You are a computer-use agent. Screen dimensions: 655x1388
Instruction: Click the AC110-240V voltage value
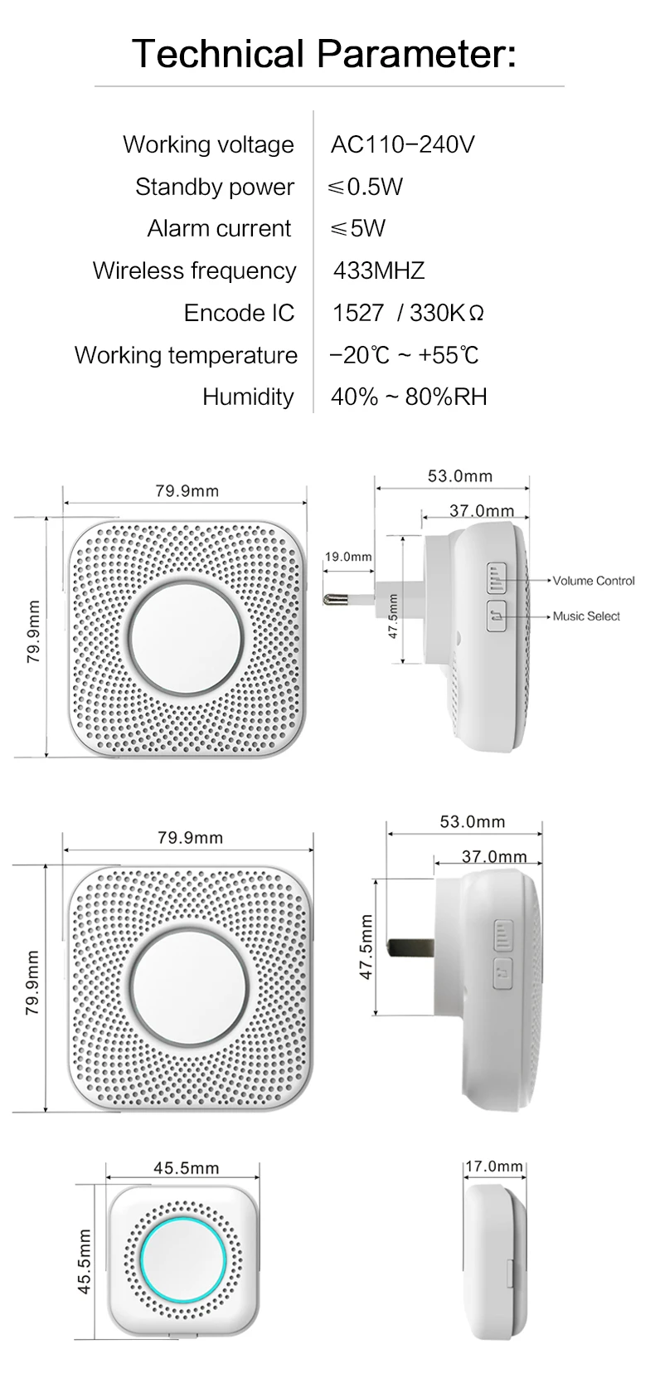point(402,144)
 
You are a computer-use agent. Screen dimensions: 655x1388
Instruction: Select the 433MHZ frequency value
point(379,270)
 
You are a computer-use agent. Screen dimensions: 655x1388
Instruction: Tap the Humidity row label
point(248,397)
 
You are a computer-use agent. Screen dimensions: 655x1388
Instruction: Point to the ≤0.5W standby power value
point(366,187)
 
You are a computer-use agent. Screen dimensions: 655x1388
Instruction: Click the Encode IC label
point(240,313)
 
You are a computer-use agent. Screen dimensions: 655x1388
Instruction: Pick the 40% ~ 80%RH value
point(409,397)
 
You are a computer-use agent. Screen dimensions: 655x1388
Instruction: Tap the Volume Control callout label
point(594,581)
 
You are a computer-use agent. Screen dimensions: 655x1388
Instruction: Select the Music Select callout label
point(586,616)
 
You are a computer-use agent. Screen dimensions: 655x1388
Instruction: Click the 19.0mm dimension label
point(348,557)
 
